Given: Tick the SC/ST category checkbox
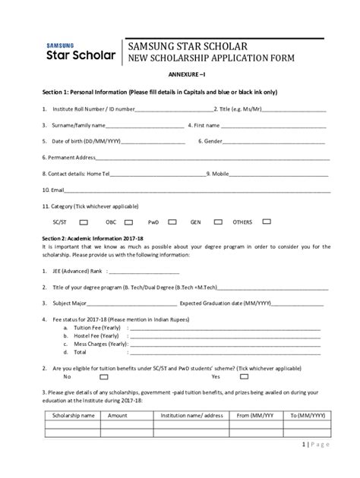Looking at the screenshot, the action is point(84,222).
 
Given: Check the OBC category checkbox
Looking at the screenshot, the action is point(129,222).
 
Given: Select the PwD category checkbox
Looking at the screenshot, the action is point(172,222).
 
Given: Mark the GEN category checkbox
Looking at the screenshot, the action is point(218,222).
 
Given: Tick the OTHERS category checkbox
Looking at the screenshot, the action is point(266,222).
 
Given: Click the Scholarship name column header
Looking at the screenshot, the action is point(72,416).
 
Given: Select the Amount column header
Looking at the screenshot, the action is point(118,416).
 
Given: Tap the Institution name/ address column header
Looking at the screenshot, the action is point(191,416).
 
